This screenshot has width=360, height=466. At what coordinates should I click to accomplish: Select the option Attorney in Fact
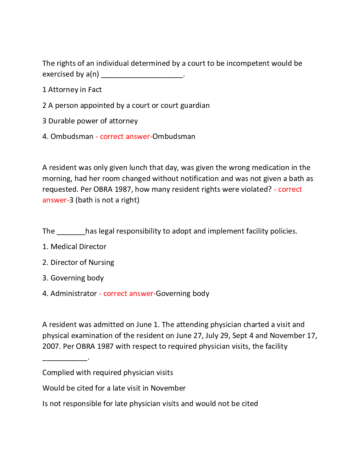[75, 90]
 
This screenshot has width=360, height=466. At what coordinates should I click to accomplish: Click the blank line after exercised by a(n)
[142, 75]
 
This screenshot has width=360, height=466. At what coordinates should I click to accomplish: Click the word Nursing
[101, 263]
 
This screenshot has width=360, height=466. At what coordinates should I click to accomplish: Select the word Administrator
[74, 294]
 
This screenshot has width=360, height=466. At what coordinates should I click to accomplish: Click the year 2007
[51, 347]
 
